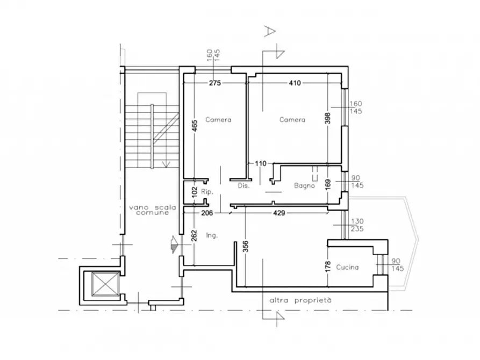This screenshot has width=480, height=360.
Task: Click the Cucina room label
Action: [347, 267]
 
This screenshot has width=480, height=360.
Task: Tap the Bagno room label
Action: [304, 185]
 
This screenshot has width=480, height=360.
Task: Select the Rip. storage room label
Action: [207, 192]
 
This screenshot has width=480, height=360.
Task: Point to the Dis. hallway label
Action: [243, 185]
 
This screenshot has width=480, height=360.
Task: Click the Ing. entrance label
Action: [212, 235]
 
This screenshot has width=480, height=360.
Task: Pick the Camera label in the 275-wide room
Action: [218, 120]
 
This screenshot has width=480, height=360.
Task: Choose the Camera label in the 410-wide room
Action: [292, 120]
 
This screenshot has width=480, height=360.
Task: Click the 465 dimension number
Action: [195, 126]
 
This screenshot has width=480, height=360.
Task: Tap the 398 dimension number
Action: [327, 118]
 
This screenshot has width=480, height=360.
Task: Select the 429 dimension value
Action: [279, 213]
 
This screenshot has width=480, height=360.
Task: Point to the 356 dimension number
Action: [246, 247]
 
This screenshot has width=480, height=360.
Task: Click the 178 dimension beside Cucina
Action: [328, 267]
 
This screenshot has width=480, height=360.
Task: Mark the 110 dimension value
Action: [261, 163]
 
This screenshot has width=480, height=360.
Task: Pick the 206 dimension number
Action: [207, 213]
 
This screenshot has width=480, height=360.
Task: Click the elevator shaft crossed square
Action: [105, 284]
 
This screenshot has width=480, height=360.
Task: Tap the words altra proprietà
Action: [300, 300]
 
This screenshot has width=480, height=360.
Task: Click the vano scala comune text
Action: [153, 210]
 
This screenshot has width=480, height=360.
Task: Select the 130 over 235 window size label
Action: [357, 225]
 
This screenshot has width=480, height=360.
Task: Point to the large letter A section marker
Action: [270, 31]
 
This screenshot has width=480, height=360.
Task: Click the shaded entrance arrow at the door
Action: [175, 244]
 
